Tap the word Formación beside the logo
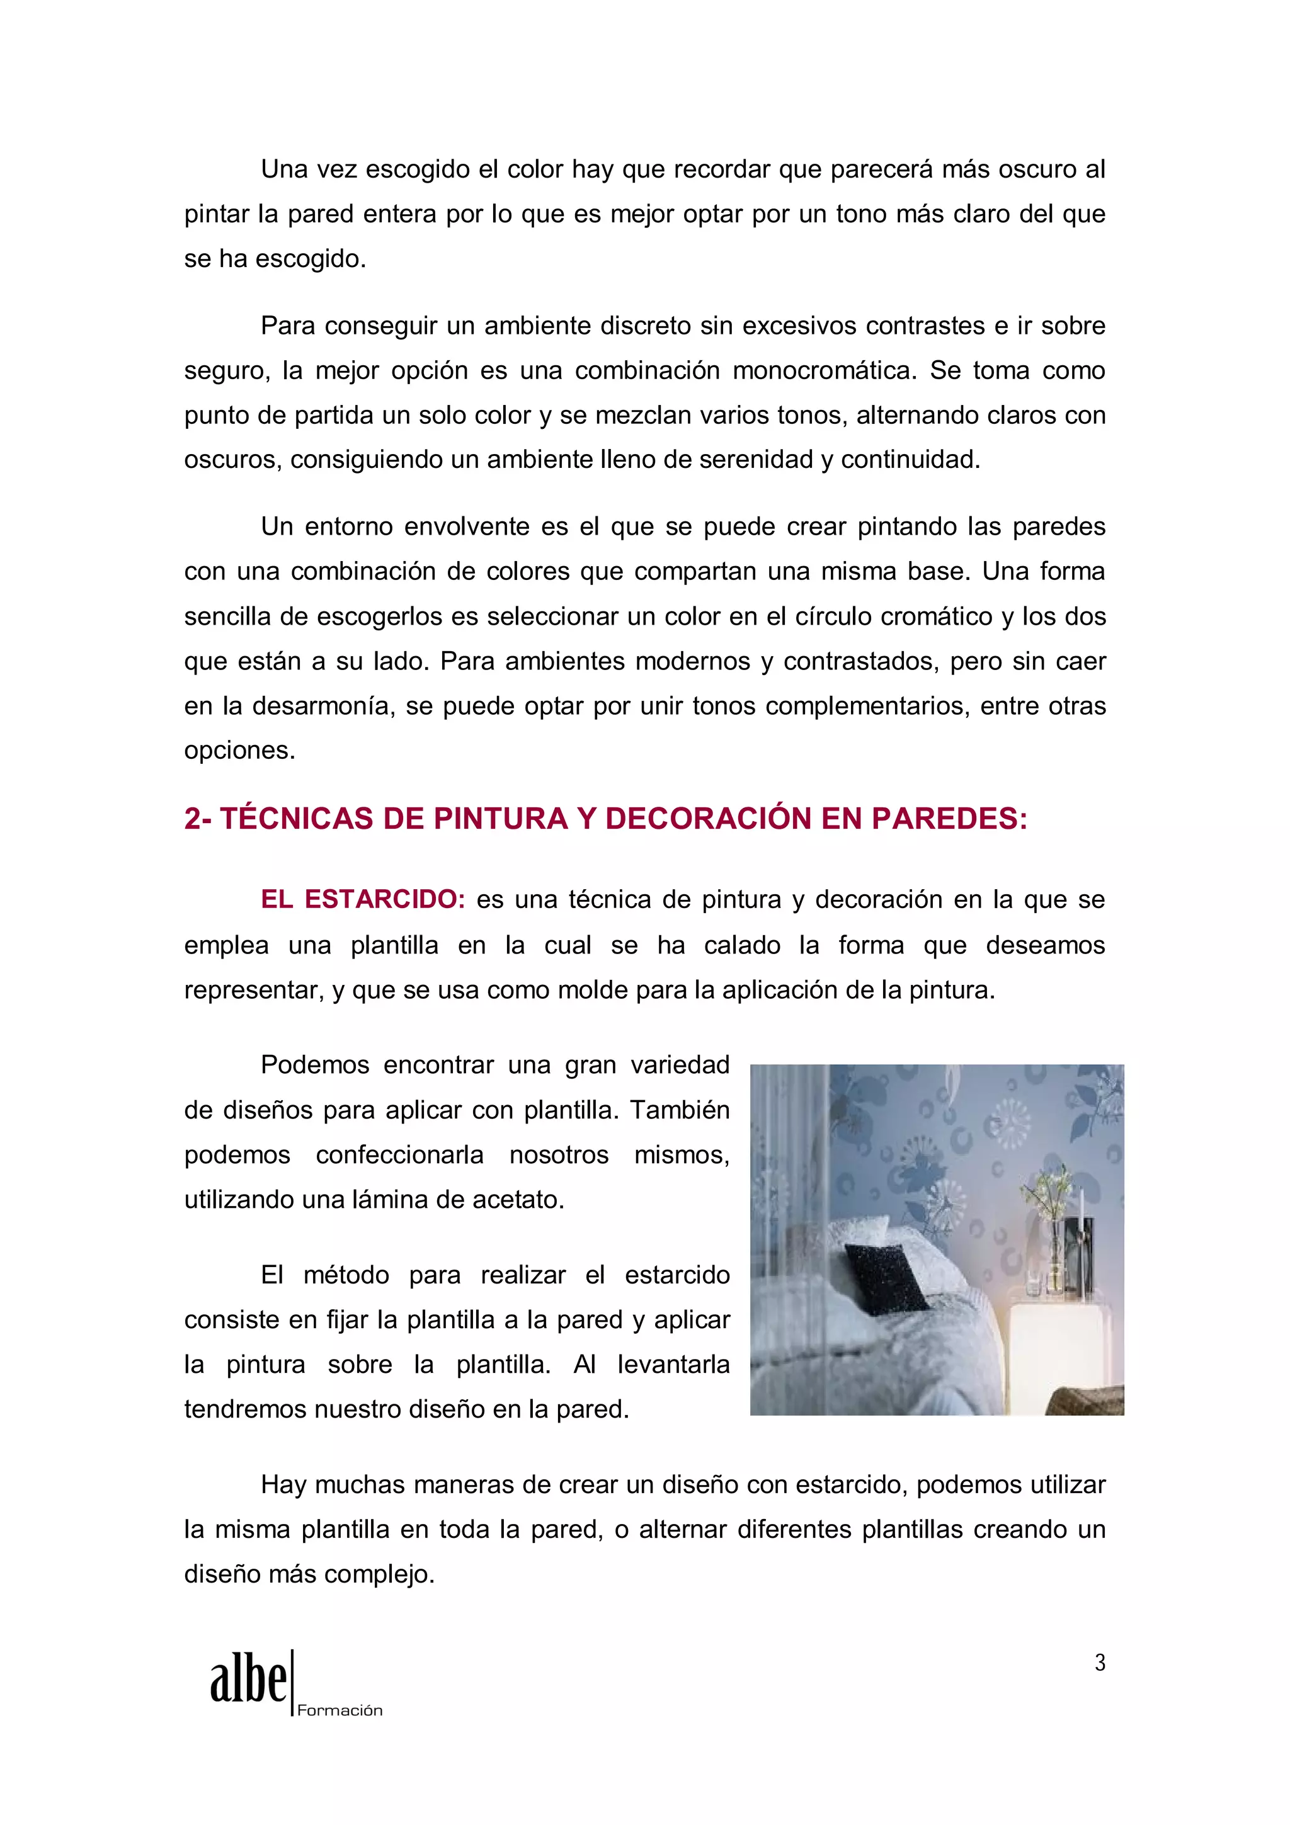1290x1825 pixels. pos(340,1710)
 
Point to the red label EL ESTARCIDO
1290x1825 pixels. pos(362,899)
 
